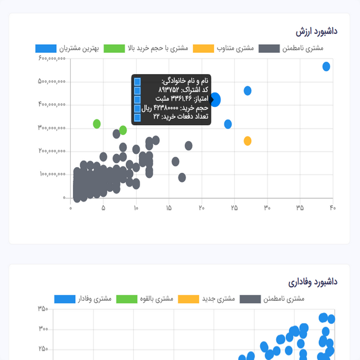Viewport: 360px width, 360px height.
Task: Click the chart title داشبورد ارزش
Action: (316, 30)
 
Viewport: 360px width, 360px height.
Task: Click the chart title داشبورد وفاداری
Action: (313, 281)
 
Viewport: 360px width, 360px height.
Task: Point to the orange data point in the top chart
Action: (247, 141)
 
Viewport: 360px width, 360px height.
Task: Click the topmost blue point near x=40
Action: (326, 67)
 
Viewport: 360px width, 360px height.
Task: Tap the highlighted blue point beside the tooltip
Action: (215, 99)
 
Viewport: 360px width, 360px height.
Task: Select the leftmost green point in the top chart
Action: (96, 123)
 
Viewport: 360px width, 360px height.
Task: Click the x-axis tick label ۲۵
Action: (234, 207)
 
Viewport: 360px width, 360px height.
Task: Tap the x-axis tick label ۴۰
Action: (332, 207)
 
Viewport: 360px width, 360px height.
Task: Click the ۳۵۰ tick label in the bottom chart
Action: (43, 309)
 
